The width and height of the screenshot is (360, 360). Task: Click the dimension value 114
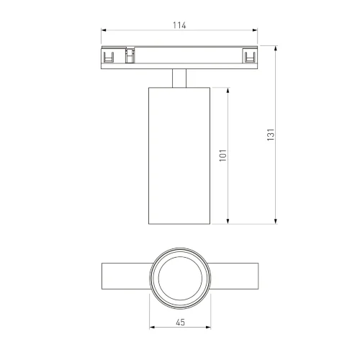tap(179, 25)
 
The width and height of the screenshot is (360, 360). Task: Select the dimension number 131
tap(271, 135)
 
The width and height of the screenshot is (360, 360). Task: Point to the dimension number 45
tap(179, 323)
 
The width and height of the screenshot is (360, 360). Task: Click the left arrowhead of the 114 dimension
tap(103, 31)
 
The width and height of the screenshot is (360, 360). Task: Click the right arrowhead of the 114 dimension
tap(256, 31)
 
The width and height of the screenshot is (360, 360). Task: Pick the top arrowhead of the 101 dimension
tap(229, 90)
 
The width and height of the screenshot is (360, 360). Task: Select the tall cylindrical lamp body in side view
tap(179, 155)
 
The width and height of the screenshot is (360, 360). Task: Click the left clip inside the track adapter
tap(110, 56)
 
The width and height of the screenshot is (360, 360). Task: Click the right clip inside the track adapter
tap(249, 56)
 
